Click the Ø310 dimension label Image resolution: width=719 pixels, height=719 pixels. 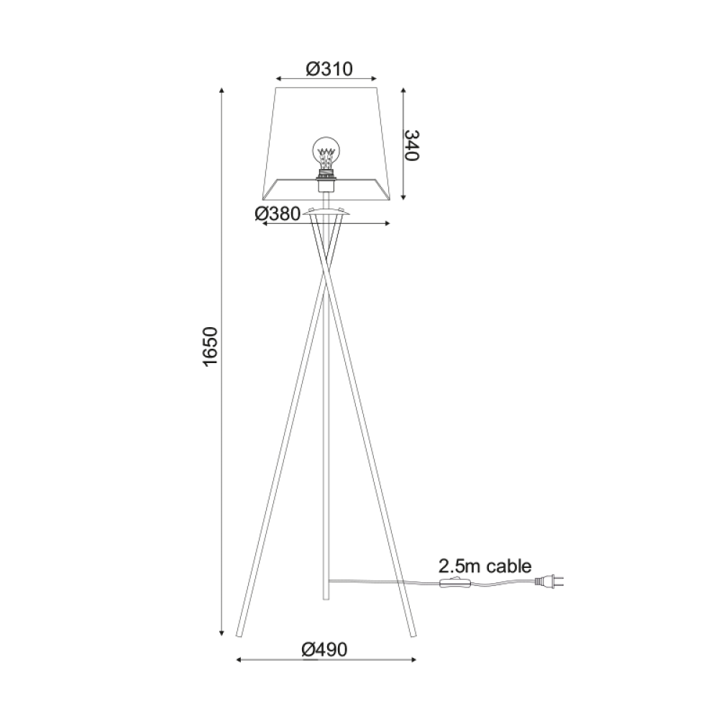(328, 69)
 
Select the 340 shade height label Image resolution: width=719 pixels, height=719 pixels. (411, 145)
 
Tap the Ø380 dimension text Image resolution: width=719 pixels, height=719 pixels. (278, 214)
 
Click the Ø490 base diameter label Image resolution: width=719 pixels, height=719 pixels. (324, 650)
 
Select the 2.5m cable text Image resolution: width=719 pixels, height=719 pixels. (485, 566)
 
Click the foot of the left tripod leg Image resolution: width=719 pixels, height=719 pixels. (238, 634)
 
